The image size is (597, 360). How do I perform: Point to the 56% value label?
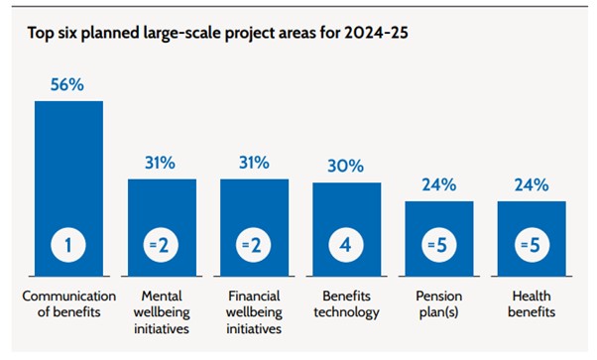tap(68, 86)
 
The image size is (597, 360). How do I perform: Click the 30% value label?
tap(346, 168)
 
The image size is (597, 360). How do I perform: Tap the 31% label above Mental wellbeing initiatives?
tap(161, 164)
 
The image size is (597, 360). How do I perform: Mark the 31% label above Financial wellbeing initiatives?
tap(254, 164)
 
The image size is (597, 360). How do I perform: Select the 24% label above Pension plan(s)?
tap(438, 185)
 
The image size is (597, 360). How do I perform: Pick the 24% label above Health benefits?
tap(532, 185)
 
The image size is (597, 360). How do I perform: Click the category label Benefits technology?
tap(346, 304)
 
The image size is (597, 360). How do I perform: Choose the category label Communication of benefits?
tap(68, 304)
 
